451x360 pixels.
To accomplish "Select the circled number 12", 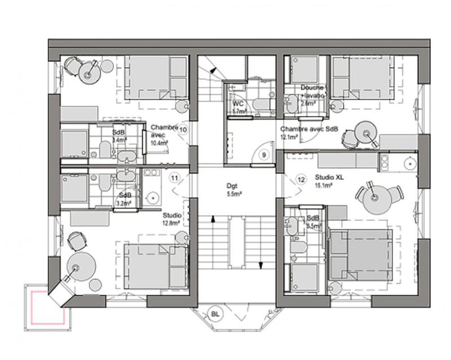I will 301,179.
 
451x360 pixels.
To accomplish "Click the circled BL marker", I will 215,314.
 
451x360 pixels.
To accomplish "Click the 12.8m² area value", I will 171,223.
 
